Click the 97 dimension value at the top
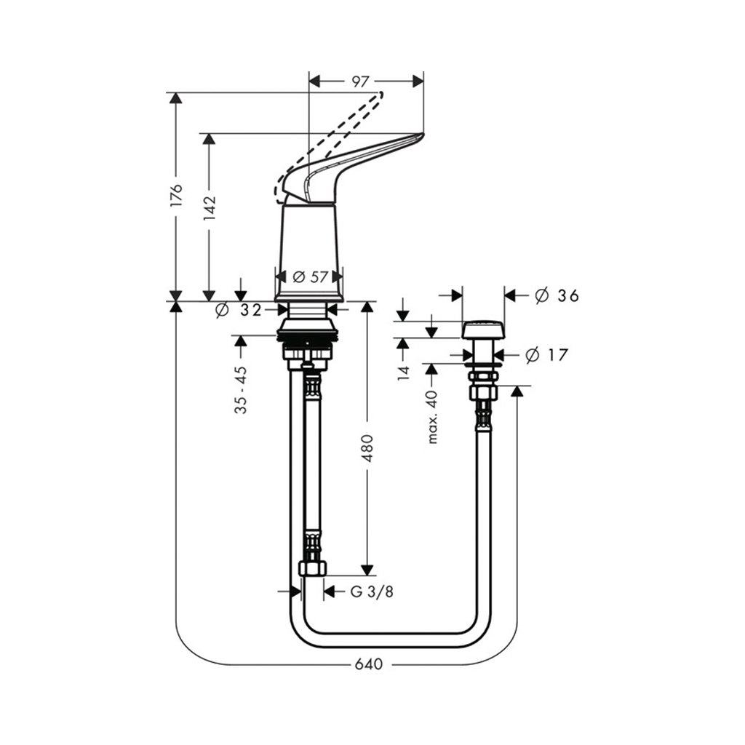coord(360,81)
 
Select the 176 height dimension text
coord(176,195)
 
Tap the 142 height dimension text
coord(209,208)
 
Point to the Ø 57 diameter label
coord(310,276)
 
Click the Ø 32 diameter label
coord(239,310)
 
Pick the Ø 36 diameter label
coord(557,295)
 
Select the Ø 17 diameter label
coord(547,354)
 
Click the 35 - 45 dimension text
coord(241,390)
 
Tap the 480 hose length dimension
coord(367,449)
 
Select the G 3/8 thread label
coord(372,591)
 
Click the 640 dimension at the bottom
coord(369,664)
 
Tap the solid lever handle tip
coord(421,136)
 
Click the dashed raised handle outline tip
coord(379,93)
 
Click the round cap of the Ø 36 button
coord(483,330)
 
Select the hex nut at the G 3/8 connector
coord(312,567)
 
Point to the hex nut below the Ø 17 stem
coord(483,391)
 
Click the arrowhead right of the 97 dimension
coord(418,81)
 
